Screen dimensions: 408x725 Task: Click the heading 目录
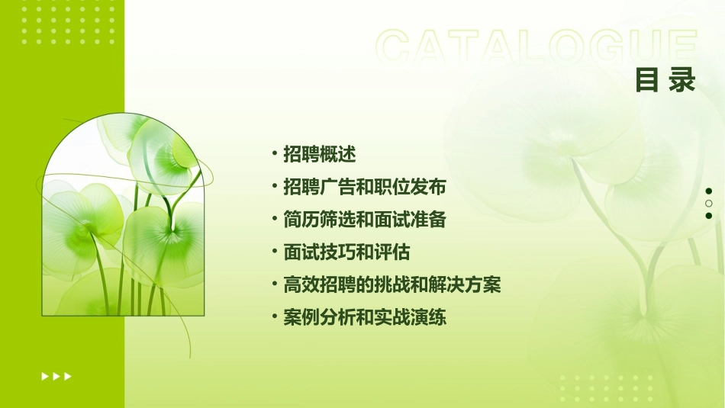tap(665, 80)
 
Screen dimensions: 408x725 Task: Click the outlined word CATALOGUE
tap(536, 47)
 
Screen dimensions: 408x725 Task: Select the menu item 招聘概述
tap(319, 154)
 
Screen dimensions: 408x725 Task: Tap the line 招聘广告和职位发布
tap(364, 187)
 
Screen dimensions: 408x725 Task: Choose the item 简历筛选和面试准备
tap(364, 220)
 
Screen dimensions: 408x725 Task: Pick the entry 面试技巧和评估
tap(346, 252)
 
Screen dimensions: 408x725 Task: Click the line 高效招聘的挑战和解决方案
tap(391, 285)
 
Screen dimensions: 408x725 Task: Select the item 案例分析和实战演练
tap(364, 318)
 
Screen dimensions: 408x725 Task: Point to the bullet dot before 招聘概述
tap(275, 154)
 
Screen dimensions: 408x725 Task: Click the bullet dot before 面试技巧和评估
tap(275, 252)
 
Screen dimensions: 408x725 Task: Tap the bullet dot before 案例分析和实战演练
tap(275, 318)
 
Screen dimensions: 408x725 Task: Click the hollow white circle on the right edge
tap(709, 204)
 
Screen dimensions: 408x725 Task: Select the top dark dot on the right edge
tap(709, 191)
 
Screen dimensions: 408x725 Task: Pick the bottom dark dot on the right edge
tap(709, 216)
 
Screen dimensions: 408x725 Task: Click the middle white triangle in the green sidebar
tap(56, 376)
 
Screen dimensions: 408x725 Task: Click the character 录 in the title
tap(683, 80)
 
